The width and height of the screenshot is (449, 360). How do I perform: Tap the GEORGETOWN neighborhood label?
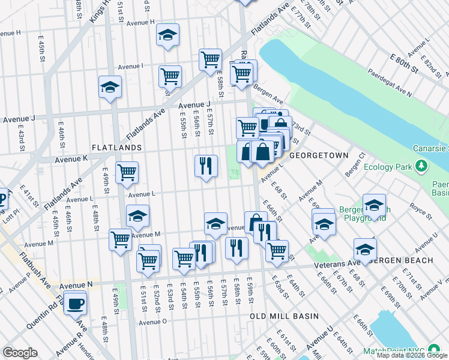(319, 155)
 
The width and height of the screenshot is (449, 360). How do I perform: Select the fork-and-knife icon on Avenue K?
(206, 165)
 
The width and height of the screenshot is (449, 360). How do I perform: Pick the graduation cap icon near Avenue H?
(167, 36)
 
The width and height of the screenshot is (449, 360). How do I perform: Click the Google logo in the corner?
(20, 353)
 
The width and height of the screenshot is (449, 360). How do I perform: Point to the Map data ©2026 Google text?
(412, 355)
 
